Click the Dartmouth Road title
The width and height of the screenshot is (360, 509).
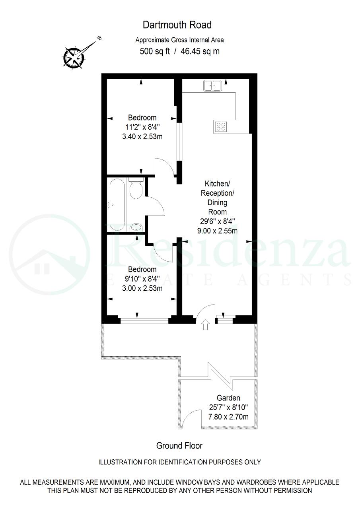pos(177,25)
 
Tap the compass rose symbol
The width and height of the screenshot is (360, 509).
pos(74,57)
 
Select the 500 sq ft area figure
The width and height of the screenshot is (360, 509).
pos(155,51)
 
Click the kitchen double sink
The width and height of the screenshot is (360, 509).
pos(212,85)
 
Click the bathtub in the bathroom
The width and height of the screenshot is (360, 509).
pos(117,204)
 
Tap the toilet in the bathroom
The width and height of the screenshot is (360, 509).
pos(136,188)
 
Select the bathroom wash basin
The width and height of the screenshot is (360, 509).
pos(136,227)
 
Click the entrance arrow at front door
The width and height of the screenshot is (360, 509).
pos(205,325)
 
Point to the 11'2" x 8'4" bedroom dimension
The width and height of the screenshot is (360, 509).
pos(142,127)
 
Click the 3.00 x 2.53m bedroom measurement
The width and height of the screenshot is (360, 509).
pos(142,288)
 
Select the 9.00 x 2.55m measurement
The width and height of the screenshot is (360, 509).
pos(217,231)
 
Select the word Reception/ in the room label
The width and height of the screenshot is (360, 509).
pos(217,193)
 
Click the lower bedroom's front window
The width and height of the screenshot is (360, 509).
pos(144,321)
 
